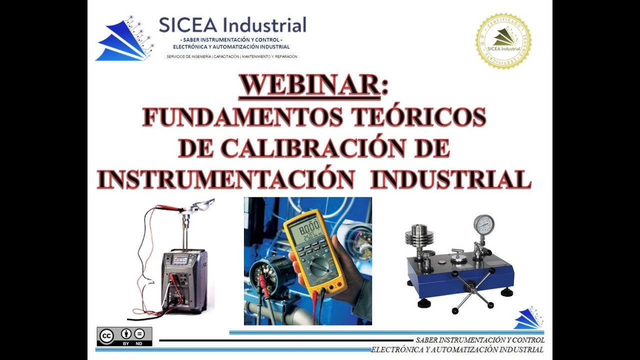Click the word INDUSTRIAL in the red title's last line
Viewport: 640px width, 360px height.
(450, 178)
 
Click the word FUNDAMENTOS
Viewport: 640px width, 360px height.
(242, 117)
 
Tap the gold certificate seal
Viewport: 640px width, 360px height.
(503, 41)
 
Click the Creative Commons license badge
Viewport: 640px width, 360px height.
(124, 336)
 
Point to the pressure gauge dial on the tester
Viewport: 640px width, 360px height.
(483, 224)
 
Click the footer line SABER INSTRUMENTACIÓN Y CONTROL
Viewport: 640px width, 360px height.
(480, 340)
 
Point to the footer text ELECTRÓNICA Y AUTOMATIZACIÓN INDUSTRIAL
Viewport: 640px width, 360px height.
(457, 349)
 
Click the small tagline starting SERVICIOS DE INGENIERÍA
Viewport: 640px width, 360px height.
(232, 56)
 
